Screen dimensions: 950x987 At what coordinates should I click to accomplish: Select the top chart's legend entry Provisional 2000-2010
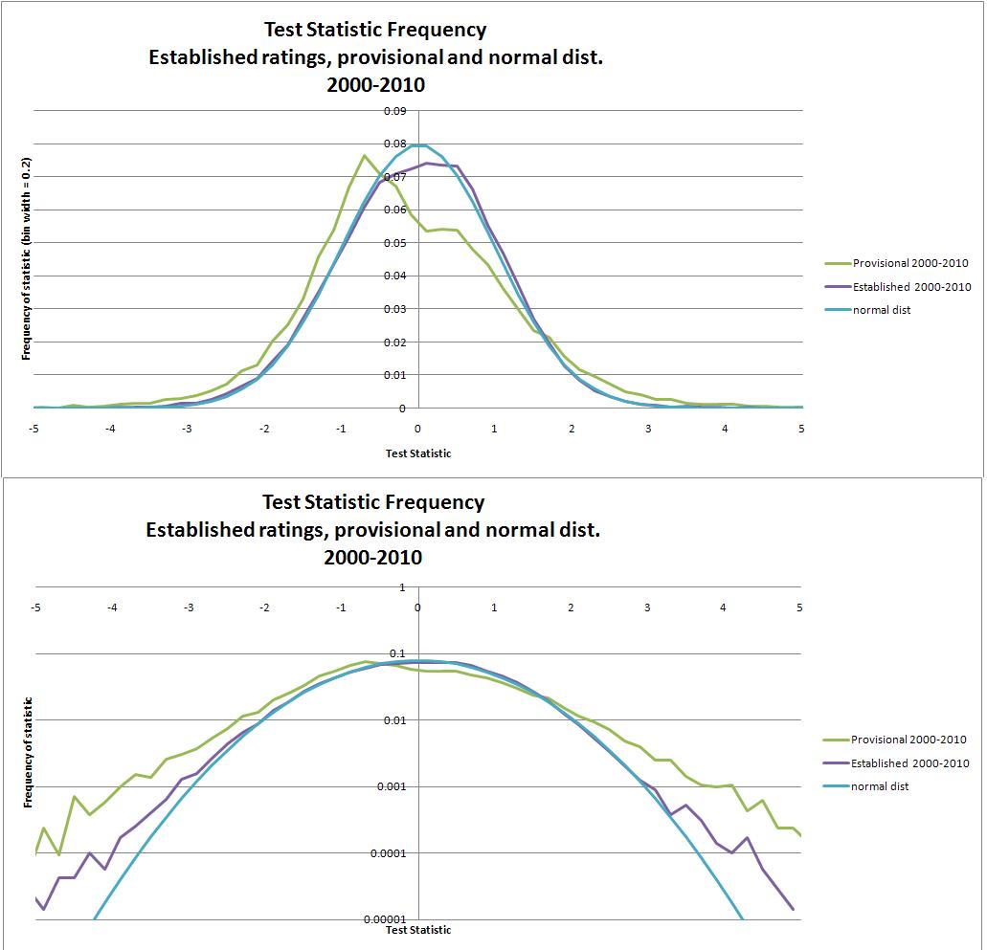pyautogui.click(x=910, y=263)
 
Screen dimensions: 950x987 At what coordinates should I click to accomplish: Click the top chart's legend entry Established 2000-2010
pyautogui.click(x=911, y=287)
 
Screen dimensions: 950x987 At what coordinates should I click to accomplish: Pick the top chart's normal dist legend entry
pyautogui.click(x=882, y=310)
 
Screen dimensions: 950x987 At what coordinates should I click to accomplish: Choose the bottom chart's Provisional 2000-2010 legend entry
pyautogui.click(x=908, y=740)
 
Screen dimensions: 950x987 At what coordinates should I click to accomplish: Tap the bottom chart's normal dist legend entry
pyautogui.click(x=880, y=786)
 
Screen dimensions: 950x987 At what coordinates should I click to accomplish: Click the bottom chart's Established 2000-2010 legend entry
pyautogui.click(x=909, y=763)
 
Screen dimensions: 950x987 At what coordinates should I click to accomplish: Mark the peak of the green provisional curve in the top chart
pyautogui.click(x=365, y=155)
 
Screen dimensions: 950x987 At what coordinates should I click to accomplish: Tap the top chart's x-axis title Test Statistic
pyautogui.click(x=418, y=453)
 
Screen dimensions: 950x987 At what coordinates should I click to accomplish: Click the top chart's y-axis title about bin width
pyautogui.click(x=27, y=258)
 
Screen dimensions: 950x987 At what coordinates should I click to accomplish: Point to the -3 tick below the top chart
pyautogui.click(x=187, y=429)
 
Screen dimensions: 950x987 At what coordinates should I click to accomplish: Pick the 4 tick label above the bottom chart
pyautogui.click(x=724, y=608)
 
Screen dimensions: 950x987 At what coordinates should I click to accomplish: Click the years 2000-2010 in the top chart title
pyautogui.click(x=375, y=84)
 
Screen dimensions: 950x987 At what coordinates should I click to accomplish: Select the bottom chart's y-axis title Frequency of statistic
pyautogui.click(x=29, y=752)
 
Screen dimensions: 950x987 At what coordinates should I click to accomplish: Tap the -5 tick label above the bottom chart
pyautogui.click(x=35, y=608)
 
